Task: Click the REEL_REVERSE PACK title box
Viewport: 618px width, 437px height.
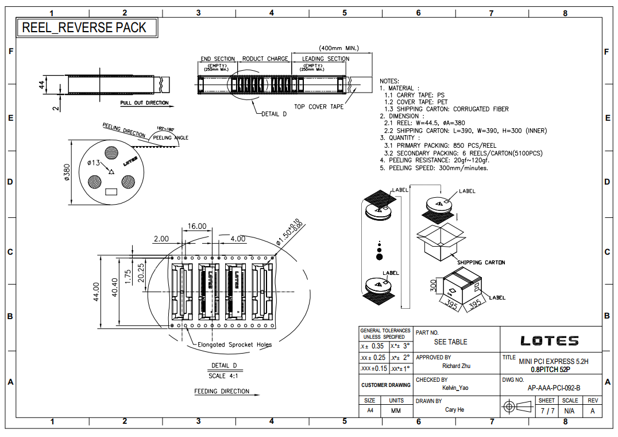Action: coord(84,28)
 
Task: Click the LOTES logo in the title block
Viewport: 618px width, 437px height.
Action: coord(549,341)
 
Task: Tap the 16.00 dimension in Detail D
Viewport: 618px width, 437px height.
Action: coord(197,226)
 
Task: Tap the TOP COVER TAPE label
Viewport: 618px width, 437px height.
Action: coord(319,106)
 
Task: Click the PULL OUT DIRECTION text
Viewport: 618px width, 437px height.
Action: coord(144,103)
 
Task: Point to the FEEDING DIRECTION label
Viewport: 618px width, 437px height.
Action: coord(222,391)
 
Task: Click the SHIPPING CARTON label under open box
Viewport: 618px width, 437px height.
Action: coord(481,262)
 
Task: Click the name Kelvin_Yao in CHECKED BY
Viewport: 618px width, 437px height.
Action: coord(455,388)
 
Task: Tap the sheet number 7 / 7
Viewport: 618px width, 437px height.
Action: coord(547,411)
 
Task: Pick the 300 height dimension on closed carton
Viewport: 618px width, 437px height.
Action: coord(434,285)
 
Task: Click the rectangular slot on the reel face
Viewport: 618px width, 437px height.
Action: coord(112,191)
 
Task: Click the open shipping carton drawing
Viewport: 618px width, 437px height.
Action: coord(441,241)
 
